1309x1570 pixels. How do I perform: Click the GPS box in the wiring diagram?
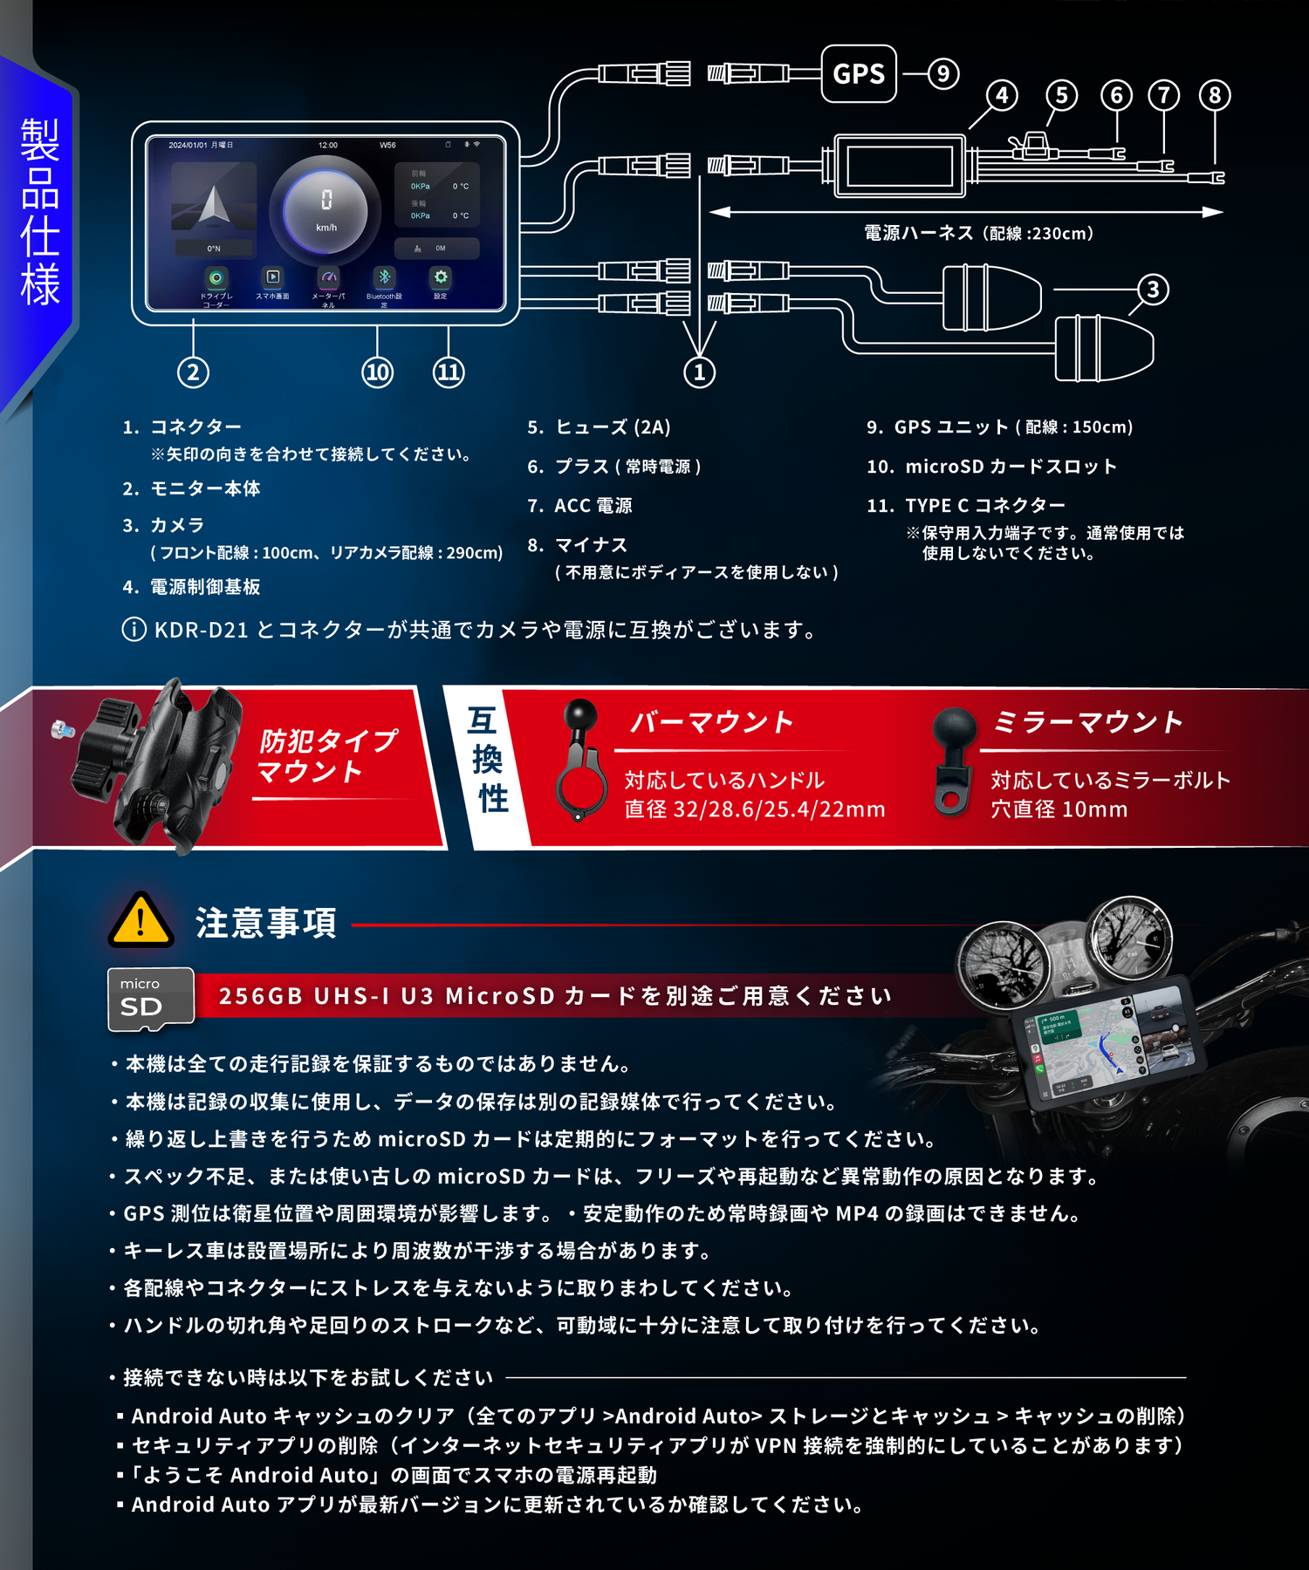(859, 74)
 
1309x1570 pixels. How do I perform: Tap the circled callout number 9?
(942, 74)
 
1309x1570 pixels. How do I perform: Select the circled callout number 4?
(1002, 95)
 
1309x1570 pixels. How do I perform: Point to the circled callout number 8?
(1215, 95)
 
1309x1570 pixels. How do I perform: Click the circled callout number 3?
(1153, 290)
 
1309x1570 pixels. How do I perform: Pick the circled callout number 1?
(699, 372)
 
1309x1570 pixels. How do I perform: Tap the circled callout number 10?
(377, 372)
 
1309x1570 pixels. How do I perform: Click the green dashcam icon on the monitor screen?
(216, 277)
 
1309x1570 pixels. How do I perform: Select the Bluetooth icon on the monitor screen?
(384, 277)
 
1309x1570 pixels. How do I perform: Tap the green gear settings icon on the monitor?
(441, 277)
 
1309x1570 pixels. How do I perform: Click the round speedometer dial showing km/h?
(326, 210)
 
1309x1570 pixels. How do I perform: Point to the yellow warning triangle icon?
(140, 920)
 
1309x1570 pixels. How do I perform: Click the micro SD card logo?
(150, 1000)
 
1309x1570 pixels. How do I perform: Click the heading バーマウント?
(711, 722)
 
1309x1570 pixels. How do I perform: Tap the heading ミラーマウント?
(1087, 722)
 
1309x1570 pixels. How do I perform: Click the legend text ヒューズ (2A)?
(613, 427)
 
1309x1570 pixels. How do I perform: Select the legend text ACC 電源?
(593, 506)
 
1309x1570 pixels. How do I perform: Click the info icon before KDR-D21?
(134, 630)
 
